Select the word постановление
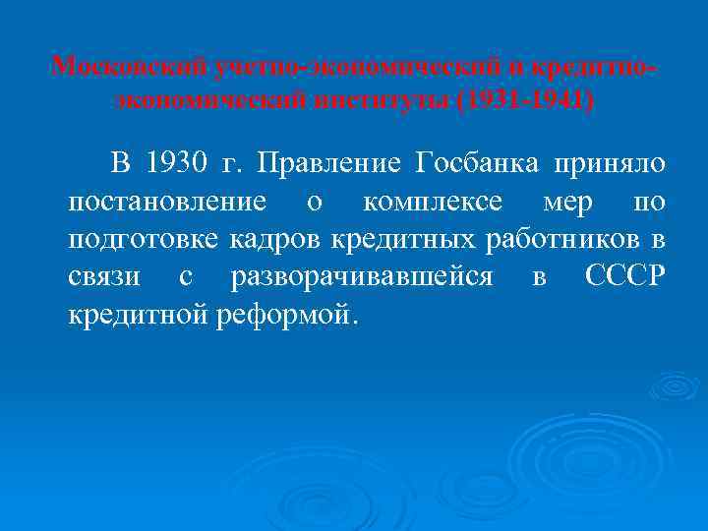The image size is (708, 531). coord(166,202)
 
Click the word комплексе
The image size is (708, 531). coord(432,202)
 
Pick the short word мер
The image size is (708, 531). coord(567,202)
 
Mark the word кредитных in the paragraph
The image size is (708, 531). coord(405,240)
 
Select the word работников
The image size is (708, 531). coord(564,240)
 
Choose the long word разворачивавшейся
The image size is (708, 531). coord(361,278)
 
